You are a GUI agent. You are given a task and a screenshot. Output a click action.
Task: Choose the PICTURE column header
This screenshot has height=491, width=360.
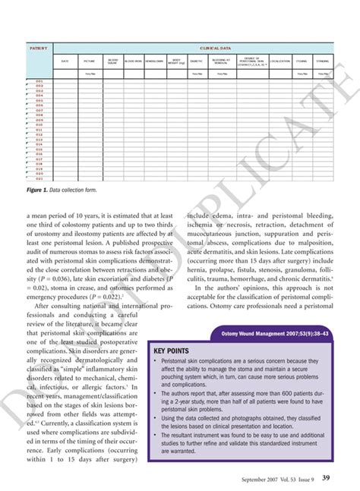coord(90,61)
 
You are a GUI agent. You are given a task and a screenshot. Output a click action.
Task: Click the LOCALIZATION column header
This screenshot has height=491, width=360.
coord(279,61)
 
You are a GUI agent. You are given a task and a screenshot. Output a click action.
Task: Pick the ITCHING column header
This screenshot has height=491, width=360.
coord(302,61)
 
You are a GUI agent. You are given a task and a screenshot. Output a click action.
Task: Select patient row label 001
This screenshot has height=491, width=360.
coord(39,80)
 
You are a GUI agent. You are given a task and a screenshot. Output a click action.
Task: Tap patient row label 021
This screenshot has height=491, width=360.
coord(39,178)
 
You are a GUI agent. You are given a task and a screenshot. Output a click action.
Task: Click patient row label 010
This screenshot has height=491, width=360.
coord(39,124)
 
